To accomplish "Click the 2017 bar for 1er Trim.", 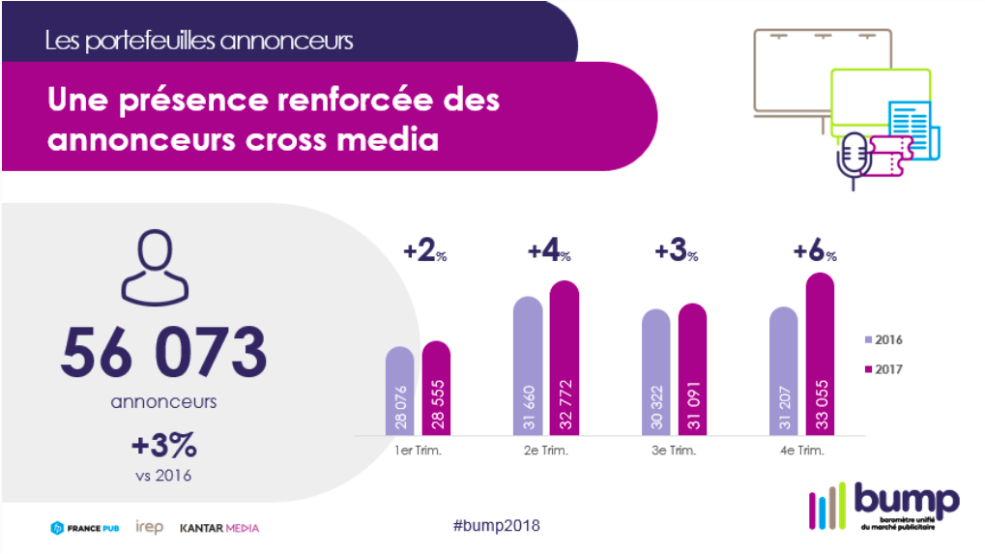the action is click(436, 388).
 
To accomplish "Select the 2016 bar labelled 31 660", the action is click(528, 365).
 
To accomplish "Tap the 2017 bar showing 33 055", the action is click(821, 354).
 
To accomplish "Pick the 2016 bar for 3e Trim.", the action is click(655, 372).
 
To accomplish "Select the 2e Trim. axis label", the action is click(546, 451).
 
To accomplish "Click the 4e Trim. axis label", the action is click(801, 451).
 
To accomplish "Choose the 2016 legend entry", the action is click(884, 339).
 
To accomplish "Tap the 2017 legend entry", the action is click(884, 369).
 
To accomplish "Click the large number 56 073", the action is click(164, 352).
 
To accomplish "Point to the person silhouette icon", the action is click(155, 267).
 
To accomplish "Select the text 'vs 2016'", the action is click(163, 476).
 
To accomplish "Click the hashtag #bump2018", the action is click(496, 526).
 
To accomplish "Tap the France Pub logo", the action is click(85, 528).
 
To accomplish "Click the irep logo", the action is click(150, 527).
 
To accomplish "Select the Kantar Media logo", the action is click(219, 528).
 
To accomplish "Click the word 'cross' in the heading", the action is click(286, 139).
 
